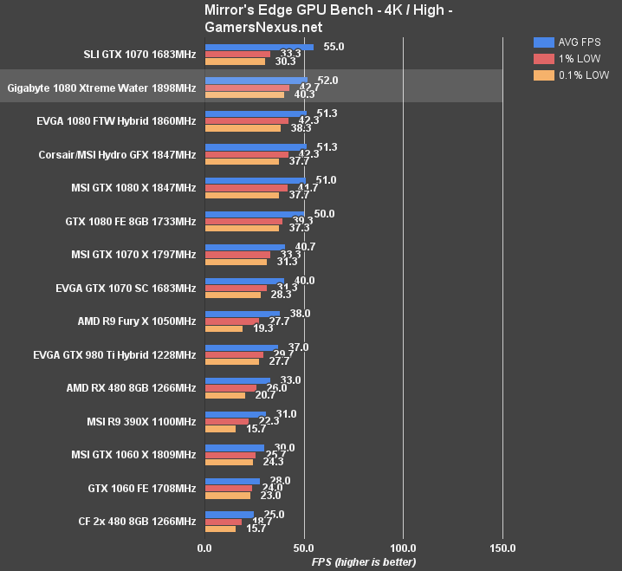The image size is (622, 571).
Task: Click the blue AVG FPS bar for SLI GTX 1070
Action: (259, 47)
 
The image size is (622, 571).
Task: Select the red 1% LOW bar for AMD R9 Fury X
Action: (231, 321)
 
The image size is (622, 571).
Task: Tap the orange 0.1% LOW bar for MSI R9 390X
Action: (220, 429)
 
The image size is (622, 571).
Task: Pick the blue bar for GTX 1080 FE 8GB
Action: (255, 213)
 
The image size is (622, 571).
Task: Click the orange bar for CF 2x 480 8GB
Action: (220, 529)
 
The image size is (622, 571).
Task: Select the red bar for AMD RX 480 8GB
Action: (230, 388)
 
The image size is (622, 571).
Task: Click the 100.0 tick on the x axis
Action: (403, 548)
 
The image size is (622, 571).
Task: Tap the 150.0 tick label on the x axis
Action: (502, 548)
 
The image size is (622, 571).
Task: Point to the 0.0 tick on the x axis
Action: (204, 548)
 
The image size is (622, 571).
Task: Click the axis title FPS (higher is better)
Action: (364, 562)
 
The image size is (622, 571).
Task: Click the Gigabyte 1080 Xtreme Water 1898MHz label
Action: (101, 88)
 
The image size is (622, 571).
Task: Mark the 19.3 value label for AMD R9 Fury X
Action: (263, 330)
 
